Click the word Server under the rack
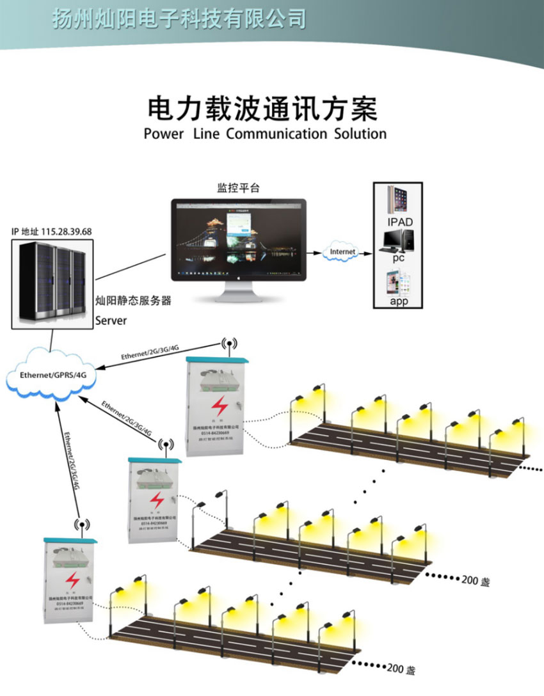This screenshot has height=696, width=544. tap(112, 320)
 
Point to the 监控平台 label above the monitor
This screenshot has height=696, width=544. tap(239, 189)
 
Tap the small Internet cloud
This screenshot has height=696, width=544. tap(342, 252)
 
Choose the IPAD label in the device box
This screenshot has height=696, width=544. tap(400, 222)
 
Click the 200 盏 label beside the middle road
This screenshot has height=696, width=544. tap(476, 581)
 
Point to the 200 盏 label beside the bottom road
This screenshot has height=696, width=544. tap(402, 670)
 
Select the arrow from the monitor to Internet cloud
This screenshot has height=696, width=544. tap(314, 252)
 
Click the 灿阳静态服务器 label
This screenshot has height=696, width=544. tap(133, 301)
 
